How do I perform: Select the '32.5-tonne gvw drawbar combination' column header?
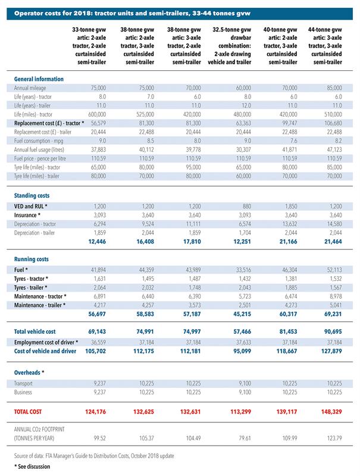(x=230, y=46)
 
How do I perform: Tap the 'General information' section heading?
(x=39, y=79)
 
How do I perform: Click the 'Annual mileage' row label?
(x=30, y=88)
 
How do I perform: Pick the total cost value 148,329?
(x=331, y=412)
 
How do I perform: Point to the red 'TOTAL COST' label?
(x=27, y=412)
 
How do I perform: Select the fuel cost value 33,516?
(x=243, y=270)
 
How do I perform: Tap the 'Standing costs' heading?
(x=32, y=196)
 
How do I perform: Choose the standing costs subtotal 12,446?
(x=97, y=242)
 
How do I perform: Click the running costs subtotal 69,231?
(x=333, y=314)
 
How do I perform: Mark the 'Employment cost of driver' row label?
(x=46, y=343)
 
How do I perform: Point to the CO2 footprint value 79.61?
(x=245, y=439)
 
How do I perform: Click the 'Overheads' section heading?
(x=29, y=372)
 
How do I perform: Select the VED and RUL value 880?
(x=247, y=206)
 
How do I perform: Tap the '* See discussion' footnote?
(x=32, y=466)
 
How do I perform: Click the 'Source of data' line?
(x=94, y=456)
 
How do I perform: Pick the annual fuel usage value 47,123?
(x=334, y=150)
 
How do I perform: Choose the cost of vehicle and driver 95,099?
(x=242, y=351)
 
